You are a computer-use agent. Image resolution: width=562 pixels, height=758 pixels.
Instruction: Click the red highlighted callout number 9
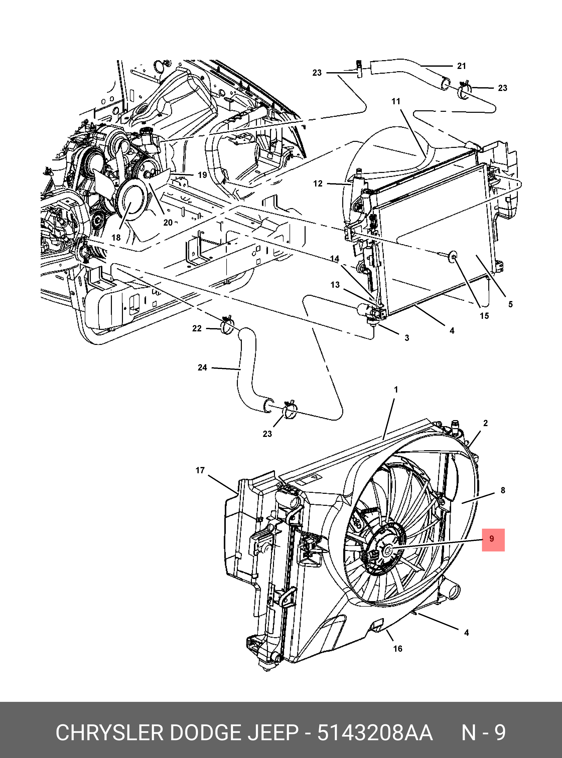coord(493,539)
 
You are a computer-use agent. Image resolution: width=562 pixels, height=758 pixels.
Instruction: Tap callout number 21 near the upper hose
coord(461,66)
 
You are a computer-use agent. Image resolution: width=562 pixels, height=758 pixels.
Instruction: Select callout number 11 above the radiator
coord(396,101)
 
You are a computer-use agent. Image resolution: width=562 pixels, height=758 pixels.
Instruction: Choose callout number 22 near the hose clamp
coord(197,328)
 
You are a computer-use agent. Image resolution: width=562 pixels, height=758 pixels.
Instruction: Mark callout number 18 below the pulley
coord(116,238)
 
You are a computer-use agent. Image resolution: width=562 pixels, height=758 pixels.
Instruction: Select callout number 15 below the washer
coord(484,316)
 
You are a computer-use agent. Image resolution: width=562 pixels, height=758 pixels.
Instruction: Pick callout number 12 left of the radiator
coord(317,183)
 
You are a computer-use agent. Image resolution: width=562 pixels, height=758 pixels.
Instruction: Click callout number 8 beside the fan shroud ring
coord(503,490)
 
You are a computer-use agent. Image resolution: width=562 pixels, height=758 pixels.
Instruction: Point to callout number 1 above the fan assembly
coord(396,390)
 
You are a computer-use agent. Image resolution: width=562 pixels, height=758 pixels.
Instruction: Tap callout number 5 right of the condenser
coord(510,304)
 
